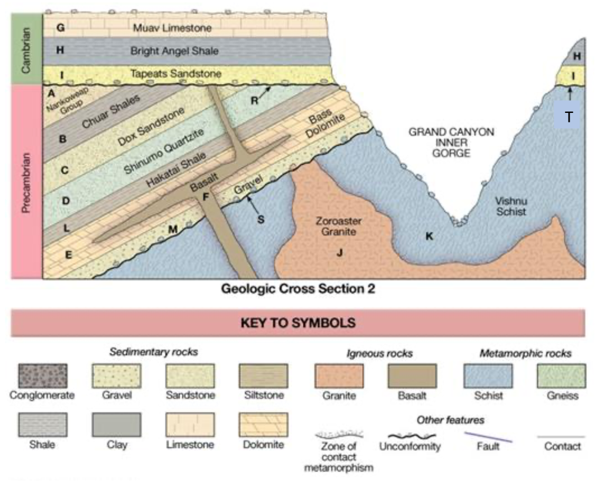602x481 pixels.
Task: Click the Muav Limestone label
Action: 172,28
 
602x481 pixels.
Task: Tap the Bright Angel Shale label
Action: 174,51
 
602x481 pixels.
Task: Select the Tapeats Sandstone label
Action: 176,74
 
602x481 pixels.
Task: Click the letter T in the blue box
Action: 568,118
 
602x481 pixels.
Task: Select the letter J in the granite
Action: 339,253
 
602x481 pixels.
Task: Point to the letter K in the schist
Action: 429,236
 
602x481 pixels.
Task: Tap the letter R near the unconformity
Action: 254,101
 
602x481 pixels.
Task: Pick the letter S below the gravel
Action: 262,220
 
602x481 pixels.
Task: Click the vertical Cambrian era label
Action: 27,49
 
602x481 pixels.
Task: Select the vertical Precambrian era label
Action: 27,182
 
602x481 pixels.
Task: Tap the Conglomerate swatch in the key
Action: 42,376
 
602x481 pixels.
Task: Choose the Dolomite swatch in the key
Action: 263,425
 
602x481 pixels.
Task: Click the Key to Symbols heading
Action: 297,323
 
